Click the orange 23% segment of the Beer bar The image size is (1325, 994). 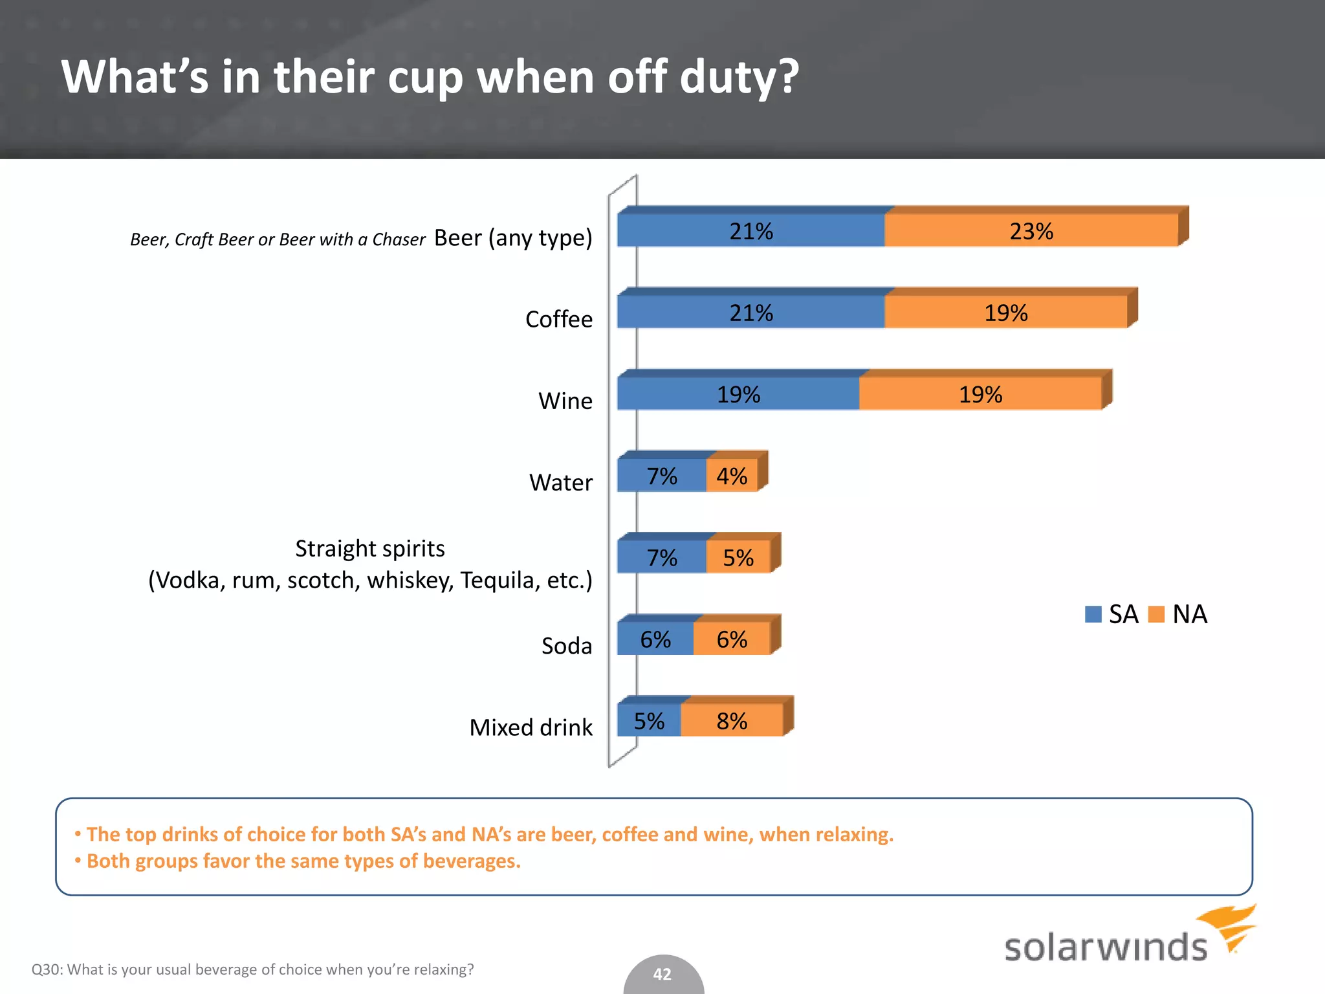tap(1031, 230)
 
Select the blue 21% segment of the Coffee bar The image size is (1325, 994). tap(750, 312)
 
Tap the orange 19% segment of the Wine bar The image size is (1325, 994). tap(980, 393)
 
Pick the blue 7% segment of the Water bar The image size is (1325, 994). tap(661, 476)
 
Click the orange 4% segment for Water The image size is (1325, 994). tap(732, 476)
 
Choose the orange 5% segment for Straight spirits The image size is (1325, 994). tap(738, 557)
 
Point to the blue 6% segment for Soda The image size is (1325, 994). tap(655, 639)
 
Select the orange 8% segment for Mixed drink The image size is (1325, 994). tap(732, 720)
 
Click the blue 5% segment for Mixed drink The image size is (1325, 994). tap(648, 720)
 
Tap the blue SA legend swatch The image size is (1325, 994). tap(1093, 614)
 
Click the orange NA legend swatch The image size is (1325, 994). tap(1156, 614)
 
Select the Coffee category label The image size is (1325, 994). tap(558, 319)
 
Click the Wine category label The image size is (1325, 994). tap(565, 401)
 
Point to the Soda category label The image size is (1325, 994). tap(566, 646)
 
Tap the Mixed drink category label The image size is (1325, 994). tap(531, 727)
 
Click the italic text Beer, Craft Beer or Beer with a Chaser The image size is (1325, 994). tap(278, 240)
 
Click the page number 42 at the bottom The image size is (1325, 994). tap(662, 974)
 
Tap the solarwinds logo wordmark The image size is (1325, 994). tap(1105, 947)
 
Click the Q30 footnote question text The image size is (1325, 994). tap(252, 969)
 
